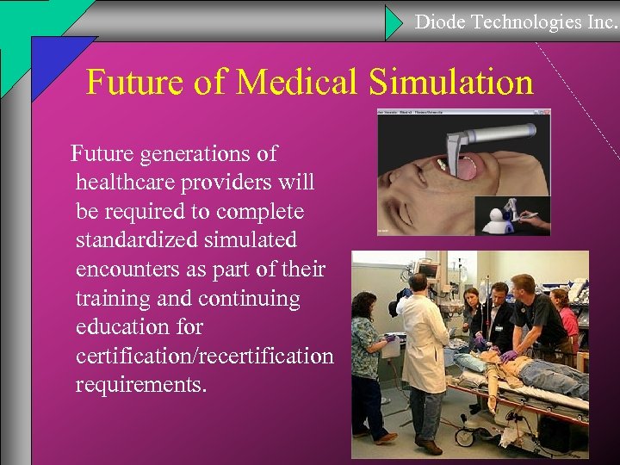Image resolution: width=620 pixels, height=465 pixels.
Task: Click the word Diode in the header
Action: tap(439, 22)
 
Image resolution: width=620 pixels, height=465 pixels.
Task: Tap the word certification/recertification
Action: tap(204, 355)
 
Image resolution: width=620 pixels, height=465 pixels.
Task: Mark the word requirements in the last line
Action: tap(139, 384)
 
